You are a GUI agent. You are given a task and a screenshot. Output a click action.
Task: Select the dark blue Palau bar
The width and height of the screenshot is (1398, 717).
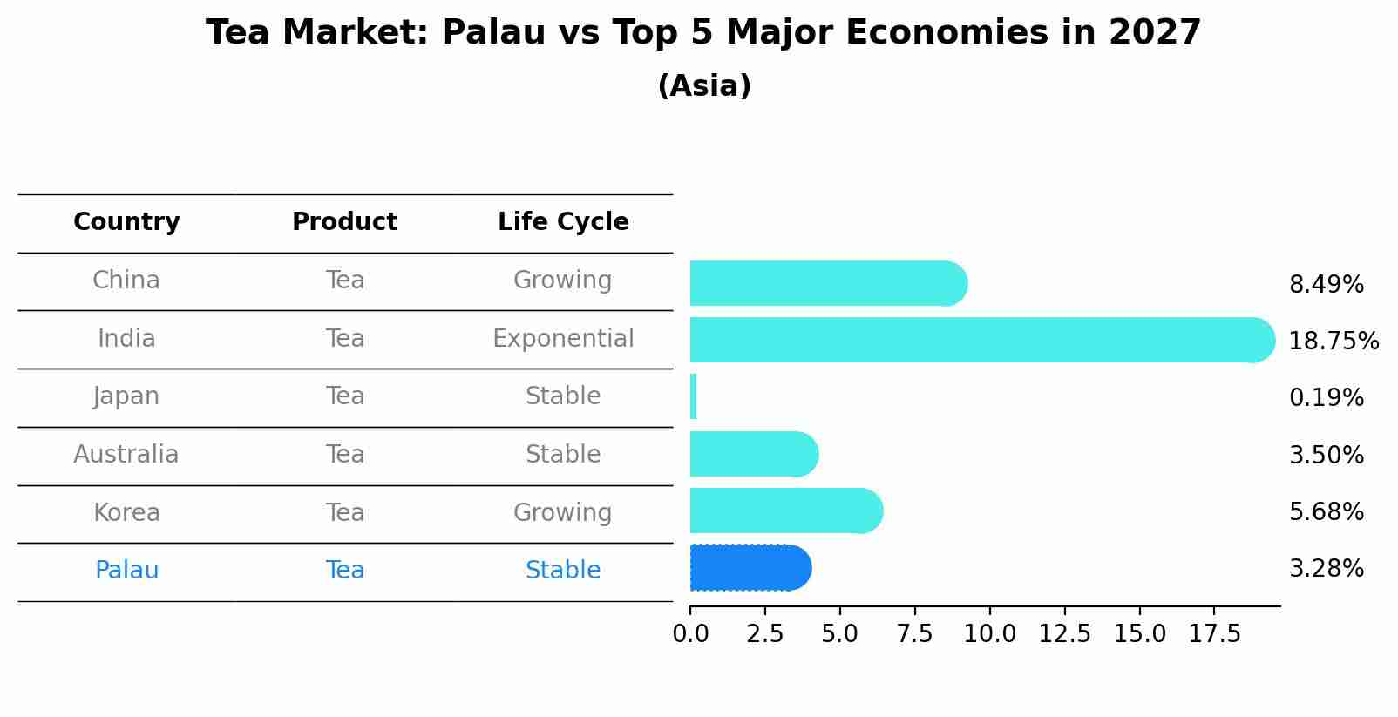(750, 568)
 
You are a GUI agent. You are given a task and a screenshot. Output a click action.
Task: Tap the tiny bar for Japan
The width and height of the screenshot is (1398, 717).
(693, 396)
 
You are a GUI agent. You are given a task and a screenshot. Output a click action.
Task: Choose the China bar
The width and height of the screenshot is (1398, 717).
(828, 283)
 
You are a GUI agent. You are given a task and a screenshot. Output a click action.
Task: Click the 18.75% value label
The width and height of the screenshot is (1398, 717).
(1334, 341)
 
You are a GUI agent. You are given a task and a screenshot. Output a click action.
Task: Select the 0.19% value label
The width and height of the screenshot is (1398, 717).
(1326, 398)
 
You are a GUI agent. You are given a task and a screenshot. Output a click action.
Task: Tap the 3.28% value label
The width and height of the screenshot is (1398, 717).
(1326, 569)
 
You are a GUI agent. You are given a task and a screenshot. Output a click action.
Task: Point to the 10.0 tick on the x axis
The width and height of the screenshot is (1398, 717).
(989, 634)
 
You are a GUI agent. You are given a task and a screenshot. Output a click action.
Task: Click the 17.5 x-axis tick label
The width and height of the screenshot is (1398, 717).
(1214, 634)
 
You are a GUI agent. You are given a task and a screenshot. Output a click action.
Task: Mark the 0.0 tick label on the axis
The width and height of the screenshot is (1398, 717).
(690, 634)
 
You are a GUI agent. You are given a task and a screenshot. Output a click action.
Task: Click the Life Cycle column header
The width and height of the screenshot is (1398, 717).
(563, 222)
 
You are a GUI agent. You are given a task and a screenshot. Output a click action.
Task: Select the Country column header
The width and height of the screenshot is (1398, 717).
(126, 222)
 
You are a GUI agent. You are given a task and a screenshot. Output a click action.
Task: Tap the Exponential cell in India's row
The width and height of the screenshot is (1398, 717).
(563, 339)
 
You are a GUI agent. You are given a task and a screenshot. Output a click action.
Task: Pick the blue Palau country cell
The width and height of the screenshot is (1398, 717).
(126, 571)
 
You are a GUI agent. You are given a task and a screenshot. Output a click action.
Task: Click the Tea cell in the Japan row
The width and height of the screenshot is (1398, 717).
(345, 396)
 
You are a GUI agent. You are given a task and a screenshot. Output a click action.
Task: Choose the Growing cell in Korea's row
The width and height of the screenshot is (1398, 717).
(563, 512)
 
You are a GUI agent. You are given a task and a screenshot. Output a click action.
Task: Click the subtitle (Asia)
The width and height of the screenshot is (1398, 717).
(704, 86)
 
